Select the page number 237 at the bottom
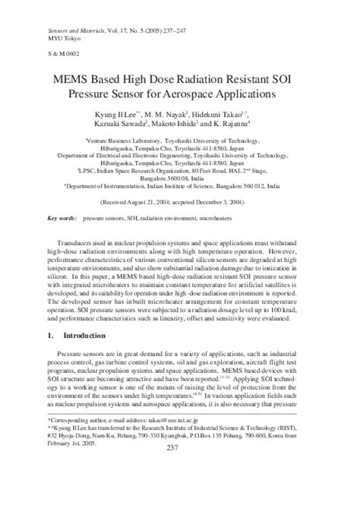click(181, 491)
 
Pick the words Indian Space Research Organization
click(171, 173)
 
